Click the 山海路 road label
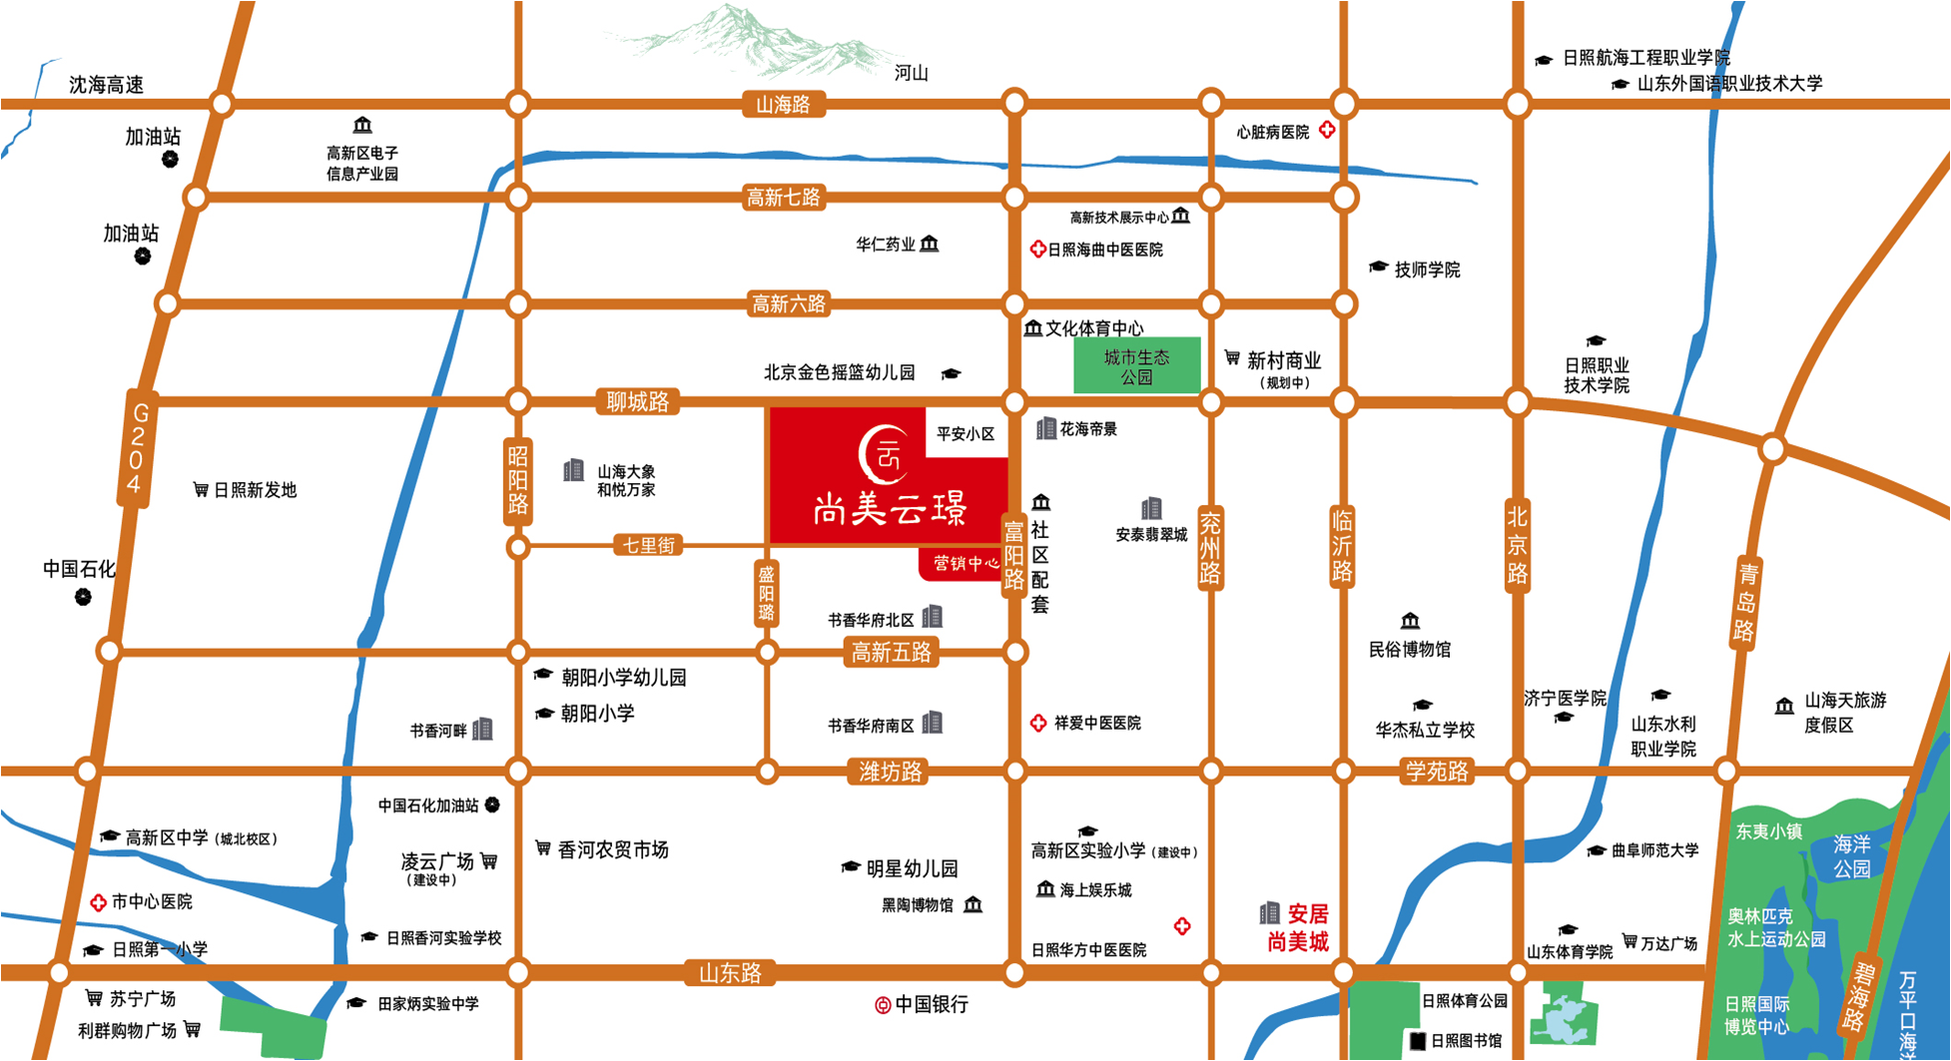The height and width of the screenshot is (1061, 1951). click(783, 105)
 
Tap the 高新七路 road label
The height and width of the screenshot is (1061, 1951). click(783, 198)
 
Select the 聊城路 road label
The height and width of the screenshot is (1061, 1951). click(637, 402)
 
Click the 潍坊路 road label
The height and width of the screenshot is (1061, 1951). click(890, 772)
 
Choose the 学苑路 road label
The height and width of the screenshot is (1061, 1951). click(1437, 771)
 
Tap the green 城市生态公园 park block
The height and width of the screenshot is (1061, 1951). click(1136, 366)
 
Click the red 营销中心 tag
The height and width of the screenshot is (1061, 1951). click(965, 564)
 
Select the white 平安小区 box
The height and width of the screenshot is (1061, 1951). click(966, 434)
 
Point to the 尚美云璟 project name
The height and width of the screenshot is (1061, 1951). click(890, 510)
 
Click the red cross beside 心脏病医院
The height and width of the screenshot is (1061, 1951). click(1327, 130)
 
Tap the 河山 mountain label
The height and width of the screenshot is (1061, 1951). click(911, 73)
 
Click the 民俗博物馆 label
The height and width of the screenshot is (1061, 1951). click(1409, 650)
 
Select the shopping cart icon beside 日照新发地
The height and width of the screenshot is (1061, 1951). click(201, 489)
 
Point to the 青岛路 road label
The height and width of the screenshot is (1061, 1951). click(1746, 602)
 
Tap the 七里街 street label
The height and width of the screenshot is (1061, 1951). click(649, 545)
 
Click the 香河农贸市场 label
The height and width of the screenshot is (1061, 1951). click(612, 849)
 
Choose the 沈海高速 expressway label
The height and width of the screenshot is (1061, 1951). click(106, 85)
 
